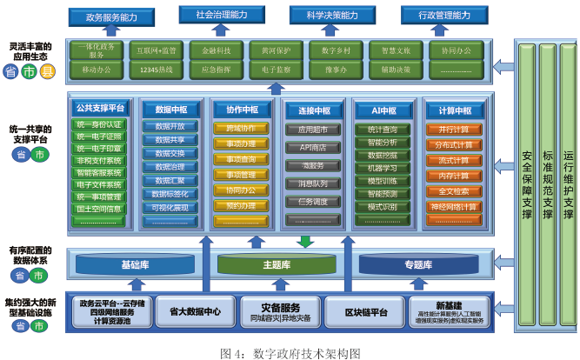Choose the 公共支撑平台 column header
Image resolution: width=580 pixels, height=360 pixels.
coord(101,109)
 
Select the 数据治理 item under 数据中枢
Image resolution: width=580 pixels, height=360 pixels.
coord(170,166)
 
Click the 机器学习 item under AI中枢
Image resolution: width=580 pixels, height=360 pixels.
coord(383,168)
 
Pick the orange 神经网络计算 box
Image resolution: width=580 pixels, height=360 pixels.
coord(453,207)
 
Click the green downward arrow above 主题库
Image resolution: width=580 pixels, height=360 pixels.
coord(304,241)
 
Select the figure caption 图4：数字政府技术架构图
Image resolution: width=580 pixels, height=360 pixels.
coord(290,352)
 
